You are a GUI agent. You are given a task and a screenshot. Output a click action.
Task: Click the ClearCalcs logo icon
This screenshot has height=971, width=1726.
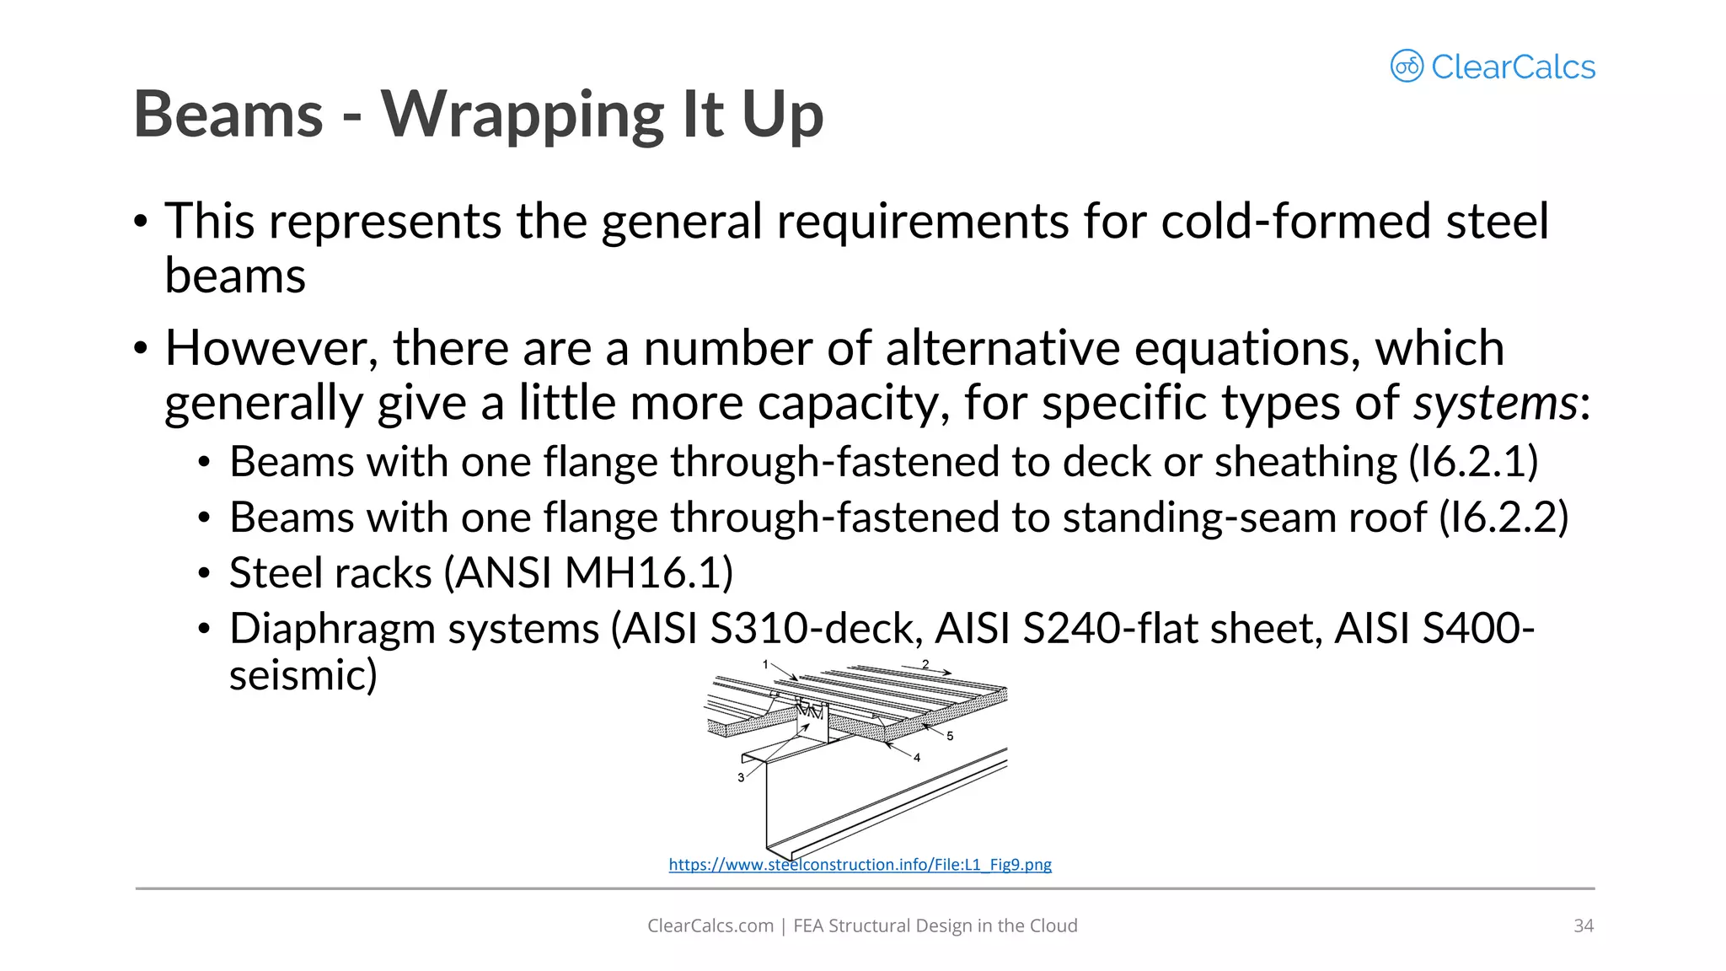tap(1407, 66)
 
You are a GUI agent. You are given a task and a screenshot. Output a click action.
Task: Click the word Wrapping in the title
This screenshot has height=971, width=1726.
tap(523, 115)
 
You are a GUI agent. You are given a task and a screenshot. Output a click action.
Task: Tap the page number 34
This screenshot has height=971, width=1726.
tap(1583, 925)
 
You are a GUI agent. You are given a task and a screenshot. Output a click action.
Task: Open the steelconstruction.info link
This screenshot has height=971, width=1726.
tap(860, 865)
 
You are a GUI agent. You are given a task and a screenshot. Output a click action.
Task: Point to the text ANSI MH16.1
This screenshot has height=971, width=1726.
tap(588, 573)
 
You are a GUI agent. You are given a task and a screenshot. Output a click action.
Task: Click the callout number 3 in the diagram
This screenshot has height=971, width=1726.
tap(741, 777)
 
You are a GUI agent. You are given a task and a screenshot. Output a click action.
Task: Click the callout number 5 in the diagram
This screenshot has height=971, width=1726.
tap(950, 736)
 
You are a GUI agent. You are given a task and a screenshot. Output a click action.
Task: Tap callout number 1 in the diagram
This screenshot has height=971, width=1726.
tap(765, 664)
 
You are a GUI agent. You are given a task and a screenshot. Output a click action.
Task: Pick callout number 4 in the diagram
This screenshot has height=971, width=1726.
tap(917, 758)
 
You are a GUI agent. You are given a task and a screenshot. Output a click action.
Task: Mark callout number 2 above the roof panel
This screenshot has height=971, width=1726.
tap(925, 664)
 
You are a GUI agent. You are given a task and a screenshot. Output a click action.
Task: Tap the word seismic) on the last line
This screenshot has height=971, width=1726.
tap(303, 675)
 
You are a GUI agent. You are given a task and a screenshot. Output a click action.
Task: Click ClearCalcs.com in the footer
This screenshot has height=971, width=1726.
tap(710, 925)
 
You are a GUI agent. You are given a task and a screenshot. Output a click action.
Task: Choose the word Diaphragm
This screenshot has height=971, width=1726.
tap(330, 629)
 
